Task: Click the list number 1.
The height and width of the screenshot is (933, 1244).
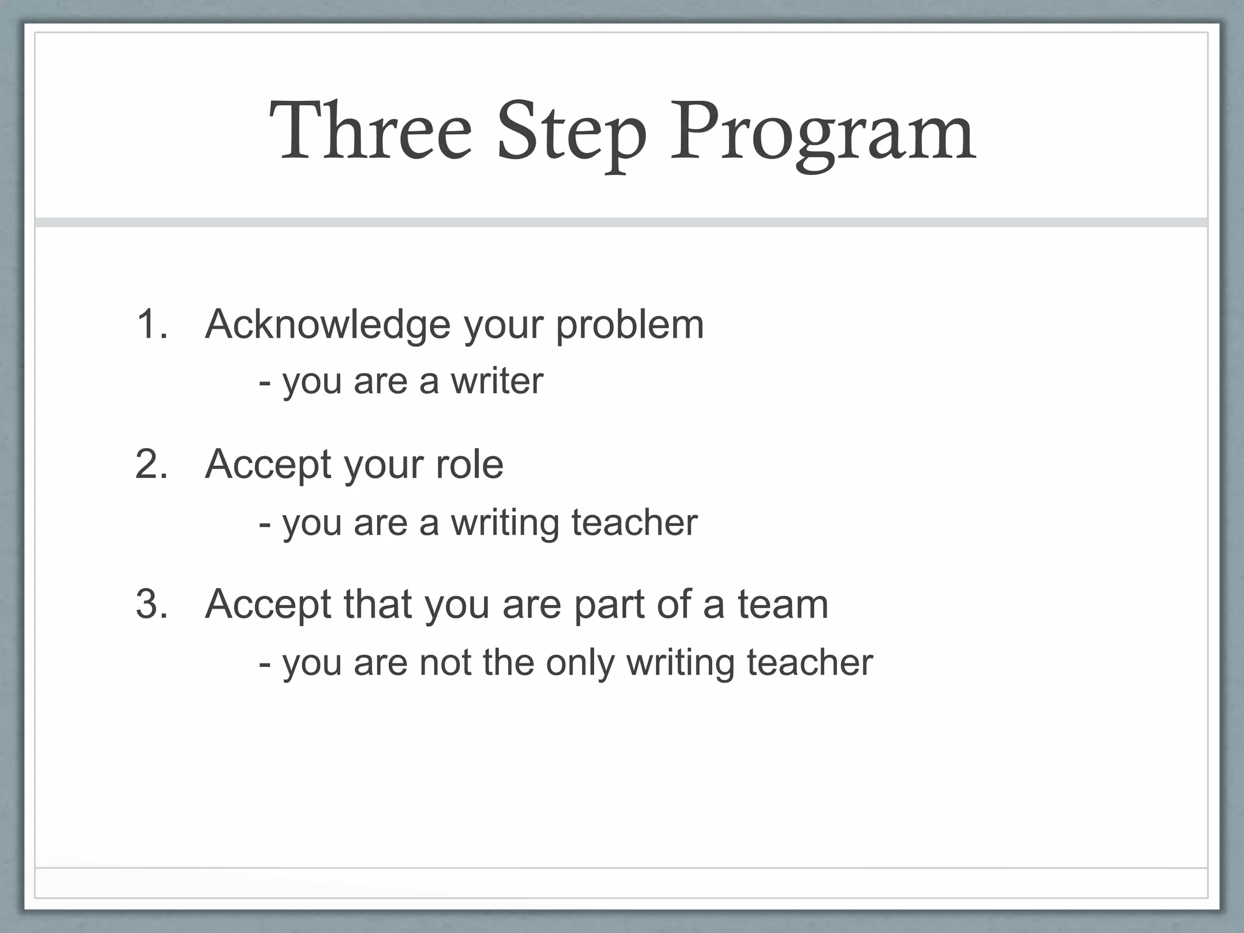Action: pos(151,324)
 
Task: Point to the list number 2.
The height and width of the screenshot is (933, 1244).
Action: pos(151,464)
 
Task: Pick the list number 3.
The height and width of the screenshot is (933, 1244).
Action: pos(151,604)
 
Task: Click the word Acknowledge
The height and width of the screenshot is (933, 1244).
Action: pos(328,326)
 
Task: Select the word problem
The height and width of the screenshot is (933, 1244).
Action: pos(630,324)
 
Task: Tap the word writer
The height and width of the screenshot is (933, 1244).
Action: pos(496,381)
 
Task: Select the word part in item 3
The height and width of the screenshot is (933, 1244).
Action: pos(609,605)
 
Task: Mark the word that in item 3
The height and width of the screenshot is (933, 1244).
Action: pos(377,604)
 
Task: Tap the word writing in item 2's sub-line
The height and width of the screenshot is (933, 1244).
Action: pos(504,524)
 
